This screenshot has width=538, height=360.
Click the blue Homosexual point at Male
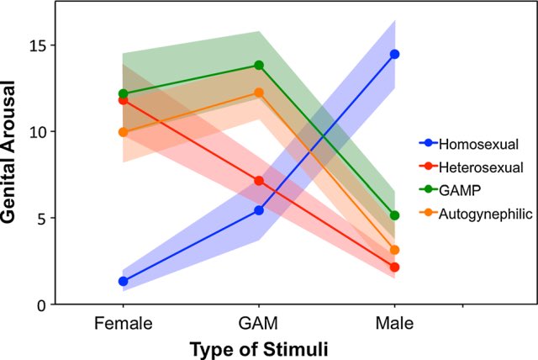[394, 54]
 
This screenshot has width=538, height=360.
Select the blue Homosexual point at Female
[124, 281]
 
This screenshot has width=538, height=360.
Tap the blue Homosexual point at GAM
[259, 210]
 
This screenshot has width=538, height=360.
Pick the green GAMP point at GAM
[259, 65]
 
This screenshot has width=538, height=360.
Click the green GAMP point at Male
[394, 215]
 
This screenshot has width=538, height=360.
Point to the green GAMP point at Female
[124, 93]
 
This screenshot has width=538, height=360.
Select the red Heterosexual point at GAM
[259, 181]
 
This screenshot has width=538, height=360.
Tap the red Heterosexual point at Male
[394, 267]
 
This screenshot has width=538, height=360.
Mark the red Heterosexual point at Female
[124, 100]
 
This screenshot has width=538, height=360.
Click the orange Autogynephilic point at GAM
[259, 93]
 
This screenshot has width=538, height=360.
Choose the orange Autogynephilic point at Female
[124, 132]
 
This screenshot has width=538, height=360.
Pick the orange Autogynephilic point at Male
[394, 250]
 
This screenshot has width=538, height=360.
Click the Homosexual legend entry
[471, 143]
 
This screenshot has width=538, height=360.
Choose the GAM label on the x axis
[259, 323]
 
